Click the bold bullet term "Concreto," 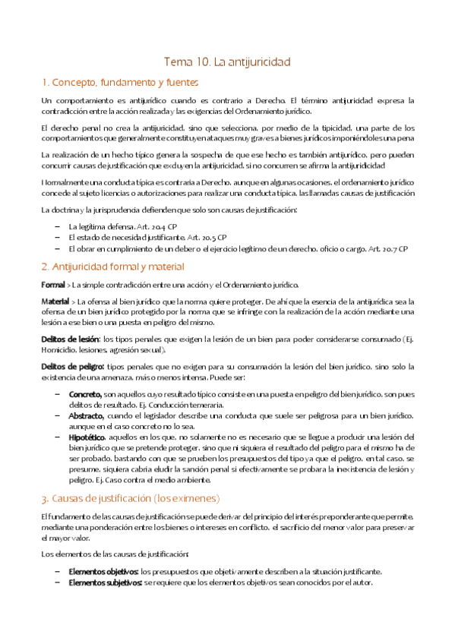(85, 395)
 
